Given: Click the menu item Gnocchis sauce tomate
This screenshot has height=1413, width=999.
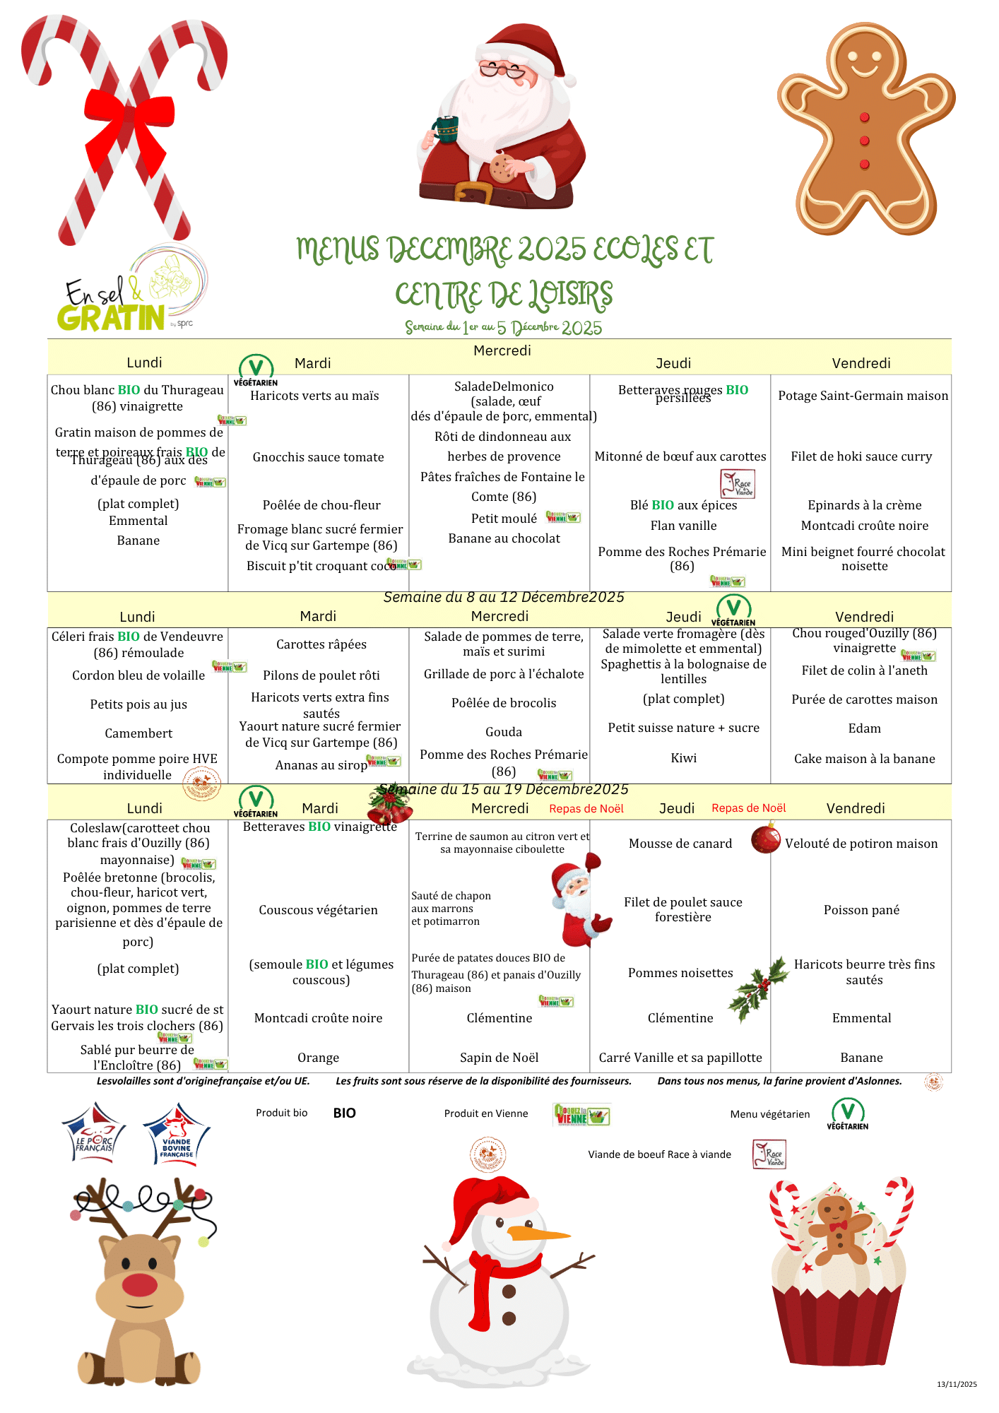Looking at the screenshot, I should coord(318,457).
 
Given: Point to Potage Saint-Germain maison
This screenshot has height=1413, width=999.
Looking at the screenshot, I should coord(863,396).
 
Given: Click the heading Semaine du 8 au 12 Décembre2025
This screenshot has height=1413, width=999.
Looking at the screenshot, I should coord(503,597).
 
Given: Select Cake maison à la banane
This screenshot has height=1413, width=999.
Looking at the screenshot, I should coord(864,759).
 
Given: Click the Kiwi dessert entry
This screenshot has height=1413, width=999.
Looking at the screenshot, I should coord(683,758).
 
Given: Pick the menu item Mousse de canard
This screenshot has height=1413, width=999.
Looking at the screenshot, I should coord(680,844).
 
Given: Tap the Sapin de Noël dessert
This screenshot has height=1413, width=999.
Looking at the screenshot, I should coord(499,1058).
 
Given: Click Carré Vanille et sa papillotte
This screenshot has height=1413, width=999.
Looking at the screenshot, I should coord(680,1058).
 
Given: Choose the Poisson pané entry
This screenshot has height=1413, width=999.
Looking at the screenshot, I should coord(861,910).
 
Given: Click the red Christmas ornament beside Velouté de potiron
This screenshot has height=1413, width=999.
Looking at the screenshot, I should coord(765,839).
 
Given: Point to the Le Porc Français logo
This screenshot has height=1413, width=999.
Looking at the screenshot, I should coord(95,1133).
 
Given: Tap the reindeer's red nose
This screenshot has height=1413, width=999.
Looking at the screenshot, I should coord(140,1284).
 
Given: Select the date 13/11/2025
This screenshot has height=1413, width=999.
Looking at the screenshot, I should coord(957,1384).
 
